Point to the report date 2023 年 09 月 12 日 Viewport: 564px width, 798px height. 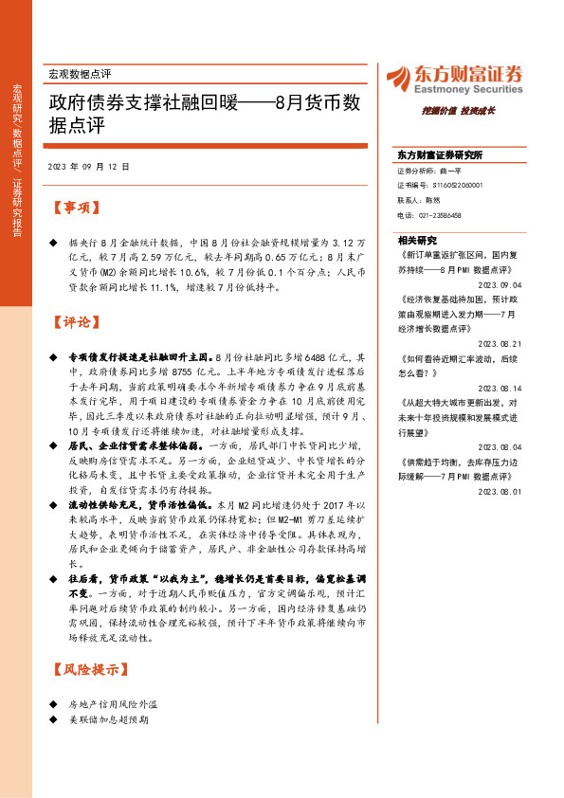click(88, 166)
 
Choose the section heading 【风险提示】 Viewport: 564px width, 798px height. click(87, 670)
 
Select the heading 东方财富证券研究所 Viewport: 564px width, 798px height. click(440, 155)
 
